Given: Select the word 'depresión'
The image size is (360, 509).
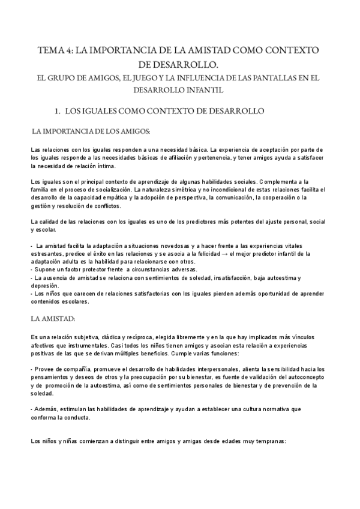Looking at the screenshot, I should coord(45,286).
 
